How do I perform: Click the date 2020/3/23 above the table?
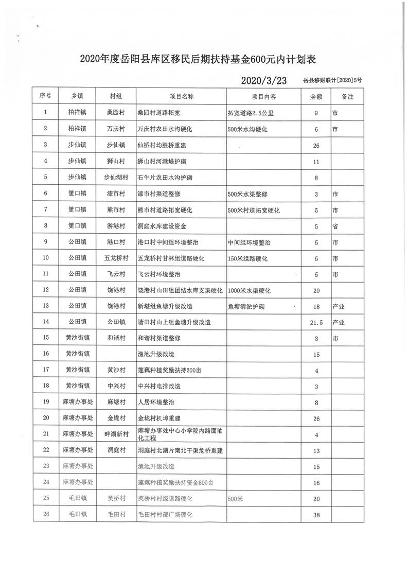tap(263, 80)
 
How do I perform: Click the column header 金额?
tap(316, 97)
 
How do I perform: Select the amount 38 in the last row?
tap(316, 515)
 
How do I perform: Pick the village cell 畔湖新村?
tap(116, 434)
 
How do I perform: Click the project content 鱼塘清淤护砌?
tap(247, 306)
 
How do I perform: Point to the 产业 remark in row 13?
tap(339, 306)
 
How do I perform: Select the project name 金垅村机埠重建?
tap(162, 418)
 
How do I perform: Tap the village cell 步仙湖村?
tap(116, 178)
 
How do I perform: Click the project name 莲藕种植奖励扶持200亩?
tap(169, 370)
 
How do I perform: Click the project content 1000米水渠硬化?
tap(251, 290)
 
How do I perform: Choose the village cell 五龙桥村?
tap(116, 258)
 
